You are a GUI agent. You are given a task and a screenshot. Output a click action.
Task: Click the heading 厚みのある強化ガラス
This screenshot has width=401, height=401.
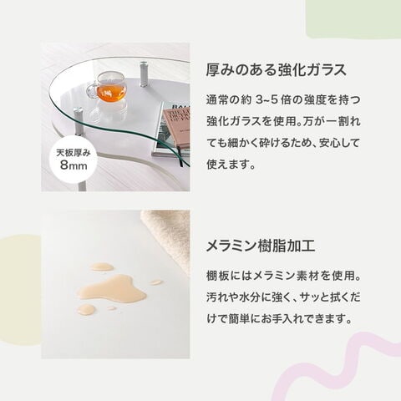tap(277, 69)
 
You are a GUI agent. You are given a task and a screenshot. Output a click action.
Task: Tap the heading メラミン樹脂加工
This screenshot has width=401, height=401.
tap(261, 246)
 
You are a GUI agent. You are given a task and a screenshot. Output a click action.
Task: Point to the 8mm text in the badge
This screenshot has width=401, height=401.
tap(74, 165)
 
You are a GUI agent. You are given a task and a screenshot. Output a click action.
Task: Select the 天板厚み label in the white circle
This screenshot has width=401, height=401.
tap(74, 153)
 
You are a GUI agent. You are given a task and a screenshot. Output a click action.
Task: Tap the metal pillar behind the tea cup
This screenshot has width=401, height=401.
tap(144, 74)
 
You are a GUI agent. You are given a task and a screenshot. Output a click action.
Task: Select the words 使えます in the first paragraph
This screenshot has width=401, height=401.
tap(227, 165)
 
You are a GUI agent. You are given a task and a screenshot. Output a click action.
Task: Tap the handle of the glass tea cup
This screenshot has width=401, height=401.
tap(90, 90)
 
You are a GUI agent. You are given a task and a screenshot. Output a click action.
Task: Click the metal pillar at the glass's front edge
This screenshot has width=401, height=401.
tap(79, 122)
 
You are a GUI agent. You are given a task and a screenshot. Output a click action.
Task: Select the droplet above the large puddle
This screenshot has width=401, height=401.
tap(101, 266)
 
